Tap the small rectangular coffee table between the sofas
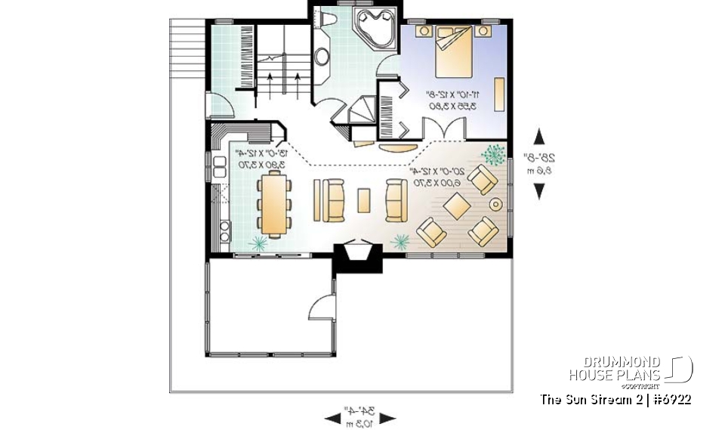[x=364, y=200]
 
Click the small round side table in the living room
[x=496, y=204]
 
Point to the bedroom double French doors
[x=452, y=130]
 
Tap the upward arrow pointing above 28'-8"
[x=539, y=136]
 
